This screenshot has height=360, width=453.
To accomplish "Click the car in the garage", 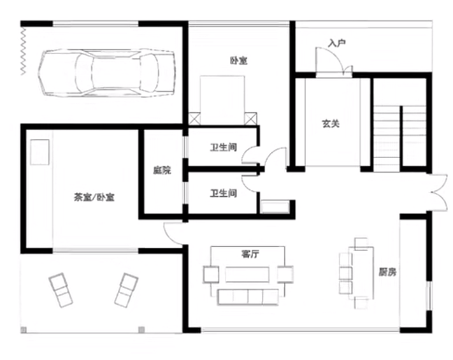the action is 107,73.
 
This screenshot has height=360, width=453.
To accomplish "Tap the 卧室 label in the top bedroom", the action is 239,61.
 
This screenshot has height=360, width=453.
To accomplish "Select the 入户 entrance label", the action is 337,43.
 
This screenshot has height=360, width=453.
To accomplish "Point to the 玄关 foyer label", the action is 331,124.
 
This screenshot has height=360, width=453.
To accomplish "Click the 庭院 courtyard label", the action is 162,170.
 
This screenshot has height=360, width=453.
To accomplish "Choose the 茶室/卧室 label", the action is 94,197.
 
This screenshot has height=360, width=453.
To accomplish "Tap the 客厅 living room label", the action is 250,254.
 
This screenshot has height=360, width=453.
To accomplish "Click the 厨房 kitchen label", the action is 387,272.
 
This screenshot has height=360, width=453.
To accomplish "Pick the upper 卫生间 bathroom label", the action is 224,147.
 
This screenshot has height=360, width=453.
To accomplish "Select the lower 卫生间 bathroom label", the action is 224,193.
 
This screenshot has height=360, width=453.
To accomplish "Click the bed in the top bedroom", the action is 222,100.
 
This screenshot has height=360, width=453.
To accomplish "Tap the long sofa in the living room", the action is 248,297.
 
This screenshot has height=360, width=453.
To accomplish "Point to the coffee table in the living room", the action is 247,274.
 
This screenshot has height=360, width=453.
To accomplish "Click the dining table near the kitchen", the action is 361,273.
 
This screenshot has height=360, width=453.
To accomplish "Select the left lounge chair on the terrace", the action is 61,290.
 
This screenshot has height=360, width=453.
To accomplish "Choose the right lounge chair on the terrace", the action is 126,290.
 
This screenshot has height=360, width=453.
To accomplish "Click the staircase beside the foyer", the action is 400,139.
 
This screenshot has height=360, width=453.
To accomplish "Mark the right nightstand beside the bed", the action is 251,119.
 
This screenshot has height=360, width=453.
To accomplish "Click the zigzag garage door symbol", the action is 23,52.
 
